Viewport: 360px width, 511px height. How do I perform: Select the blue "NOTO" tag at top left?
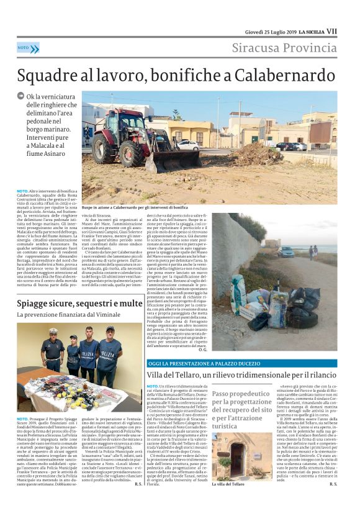click(x=24, y=47)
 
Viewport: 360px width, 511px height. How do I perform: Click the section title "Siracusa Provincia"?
click(x=284, y=48)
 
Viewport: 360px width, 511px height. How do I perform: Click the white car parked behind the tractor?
click(x=188, y=145)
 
